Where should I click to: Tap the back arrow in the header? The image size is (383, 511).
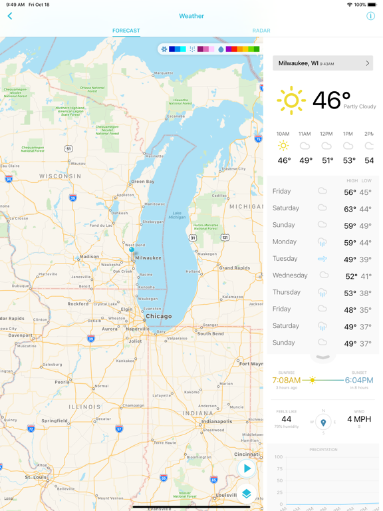point(10,16)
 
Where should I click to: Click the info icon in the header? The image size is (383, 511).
point(370,16)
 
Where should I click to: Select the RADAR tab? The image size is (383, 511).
point(261,31)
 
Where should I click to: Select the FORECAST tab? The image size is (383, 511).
point(126,31)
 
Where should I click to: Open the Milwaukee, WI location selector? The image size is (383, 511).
point(322,63)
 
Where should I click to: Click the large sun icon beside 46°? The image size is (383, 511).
point(291,100)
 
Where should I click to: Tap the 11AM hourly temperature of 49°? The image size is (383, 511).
point(306,160)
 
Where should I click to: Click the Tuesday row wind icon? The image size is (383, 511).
point(322,259)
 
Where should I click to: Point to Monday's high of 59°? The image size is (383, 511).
point(350,243)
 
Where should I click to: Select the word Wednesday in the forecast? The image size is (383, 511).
point(290,275)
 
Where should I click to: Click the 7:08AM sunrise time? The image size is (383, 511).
point(286,381)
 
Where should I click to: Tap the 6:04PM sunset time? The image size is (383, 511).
point(358,381)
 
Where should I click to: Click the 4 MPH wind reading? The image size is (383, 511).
point(359,419)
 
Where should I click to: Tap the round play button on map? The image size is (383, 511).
point(247,468)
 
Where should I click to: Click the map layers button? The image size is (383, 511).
point(247,494)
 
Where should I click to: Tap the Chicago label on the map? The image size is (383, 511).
point(158,317)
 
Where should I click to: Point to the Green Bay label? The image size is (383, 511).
point(142,182)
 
